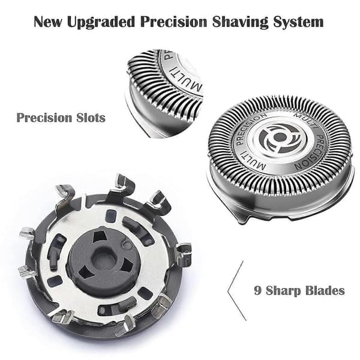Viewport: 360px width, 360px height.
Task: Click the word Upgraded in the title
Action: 101,23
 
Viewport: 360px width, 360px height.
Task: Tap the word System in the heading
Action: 298,23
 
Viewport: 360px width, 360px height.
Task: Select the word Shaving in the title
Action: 240,23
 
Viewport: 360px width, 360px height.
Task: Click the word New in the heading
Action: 48,22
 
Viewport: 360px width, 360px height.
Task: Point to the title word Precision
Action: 174,22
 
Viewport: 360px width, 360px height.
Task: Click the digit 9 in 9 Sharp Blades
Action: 258,290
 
